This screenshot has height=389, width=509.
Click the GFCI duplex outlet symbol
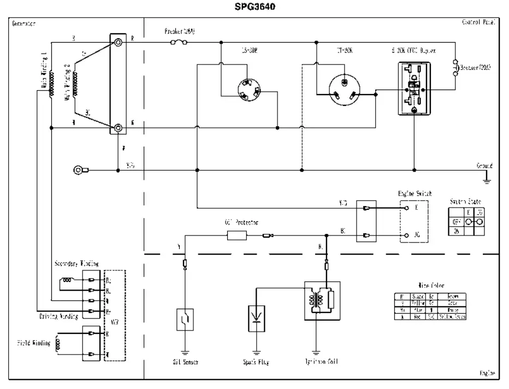[x=413, y=88]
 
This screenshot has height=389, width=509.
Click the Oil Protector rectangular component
[x=236, y=236]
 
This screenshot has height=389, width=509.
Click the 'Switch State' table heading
[x=466, y=202]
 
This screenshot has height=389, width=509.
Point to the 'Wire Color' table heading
[x=431, y=286]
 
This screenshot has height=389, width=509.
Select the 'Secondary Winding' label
[x=76, y=263]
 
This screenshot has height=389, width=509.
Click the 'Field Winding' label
[x=33, y=344]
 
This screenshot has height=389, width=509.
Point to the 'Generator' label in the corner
[x=23, y=23]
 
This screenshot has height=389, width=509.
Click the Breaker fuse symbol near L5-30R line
[x=177, y=42]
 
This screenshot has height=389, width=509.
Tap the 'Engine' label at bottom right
[x=487, y=374]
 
